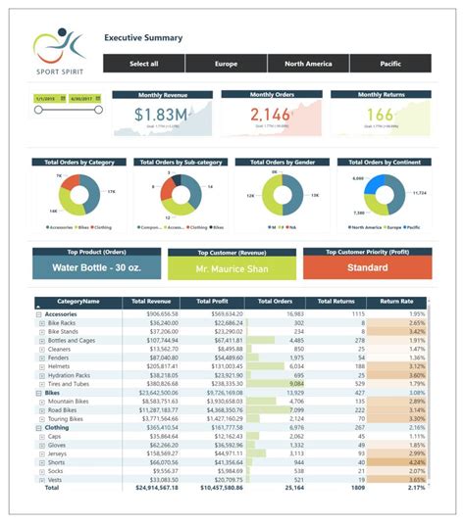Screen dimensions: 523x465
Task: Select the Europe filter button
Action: (x=226, y=64)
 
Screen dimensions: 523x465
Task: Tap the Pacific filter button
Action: (x=390, y=64)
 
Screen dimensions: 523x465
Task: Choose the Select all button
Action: (x=144, y=64)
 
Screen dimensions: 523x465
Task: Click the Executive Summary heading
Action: (x=143, y=38)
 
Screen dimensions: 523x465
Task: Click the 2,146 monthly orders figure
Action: (x=270, y=115)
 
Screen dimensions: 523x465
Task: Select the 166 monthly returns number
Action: (x=379, y=115)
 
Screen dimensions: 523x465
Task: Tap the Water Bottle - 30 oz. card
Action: (x=96, y=267)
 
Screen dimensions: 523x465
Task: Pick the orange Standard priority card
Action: (x=367, y=267)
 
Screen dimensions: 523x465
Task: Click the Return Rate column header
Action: (x=398, y=303)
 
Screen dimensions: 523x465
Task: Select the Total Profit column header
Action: (x=213, y=303)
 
